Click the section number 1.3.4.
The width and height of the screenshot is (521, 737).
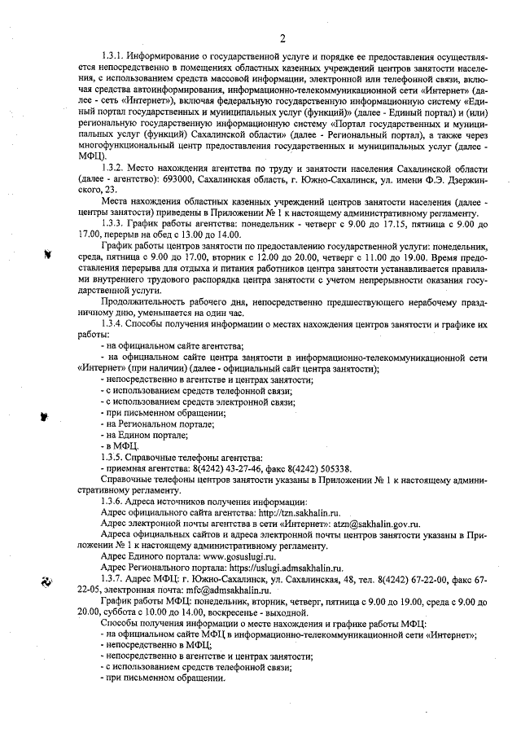[112, 324]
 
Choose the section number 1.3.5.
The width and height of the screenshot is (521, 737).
[112, 457]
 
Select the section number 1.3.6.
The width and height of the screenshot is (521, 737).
[112, 502]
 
